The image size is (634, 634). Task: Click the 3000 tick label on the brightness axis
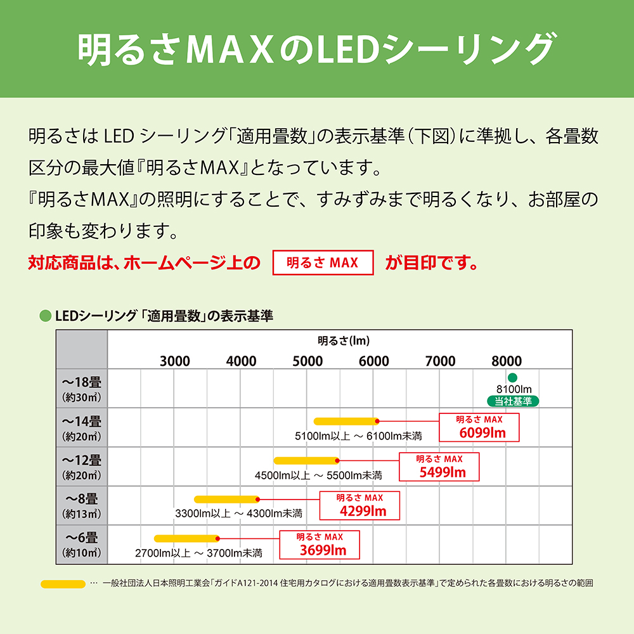pos(174,361)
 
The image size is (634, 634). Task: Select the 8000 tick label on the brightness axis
pos(506,361)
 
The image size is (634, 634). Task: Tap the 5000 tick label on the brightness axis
pos(307,361)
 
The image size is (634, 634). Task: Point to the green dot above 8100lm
pos(512,378)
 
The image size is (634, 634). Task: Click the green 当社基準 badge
pos(512,401)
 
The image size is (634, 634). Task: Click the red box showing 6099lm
pos(479,427)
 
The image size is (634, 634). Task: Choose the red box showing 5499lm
pos(439,467)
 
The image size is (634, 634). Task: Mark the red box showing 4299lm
pos(359,505)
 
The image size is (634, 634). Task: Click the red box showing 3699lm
pos(320,545)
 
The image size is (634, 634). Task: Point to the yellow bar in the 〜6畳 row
pos(186,538)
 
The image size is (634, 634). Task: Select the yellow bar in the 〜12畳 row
pos(306,460)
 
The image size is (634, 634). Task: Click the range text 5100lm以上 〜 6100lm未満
pos(358,436)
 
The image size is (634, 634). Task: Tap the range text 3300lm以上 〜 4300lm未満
pos(238,513)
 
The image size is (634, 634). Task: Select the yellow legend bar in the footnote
pos(63,583)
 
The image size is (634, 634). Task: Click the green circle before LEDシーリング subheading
pos(45,316)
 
